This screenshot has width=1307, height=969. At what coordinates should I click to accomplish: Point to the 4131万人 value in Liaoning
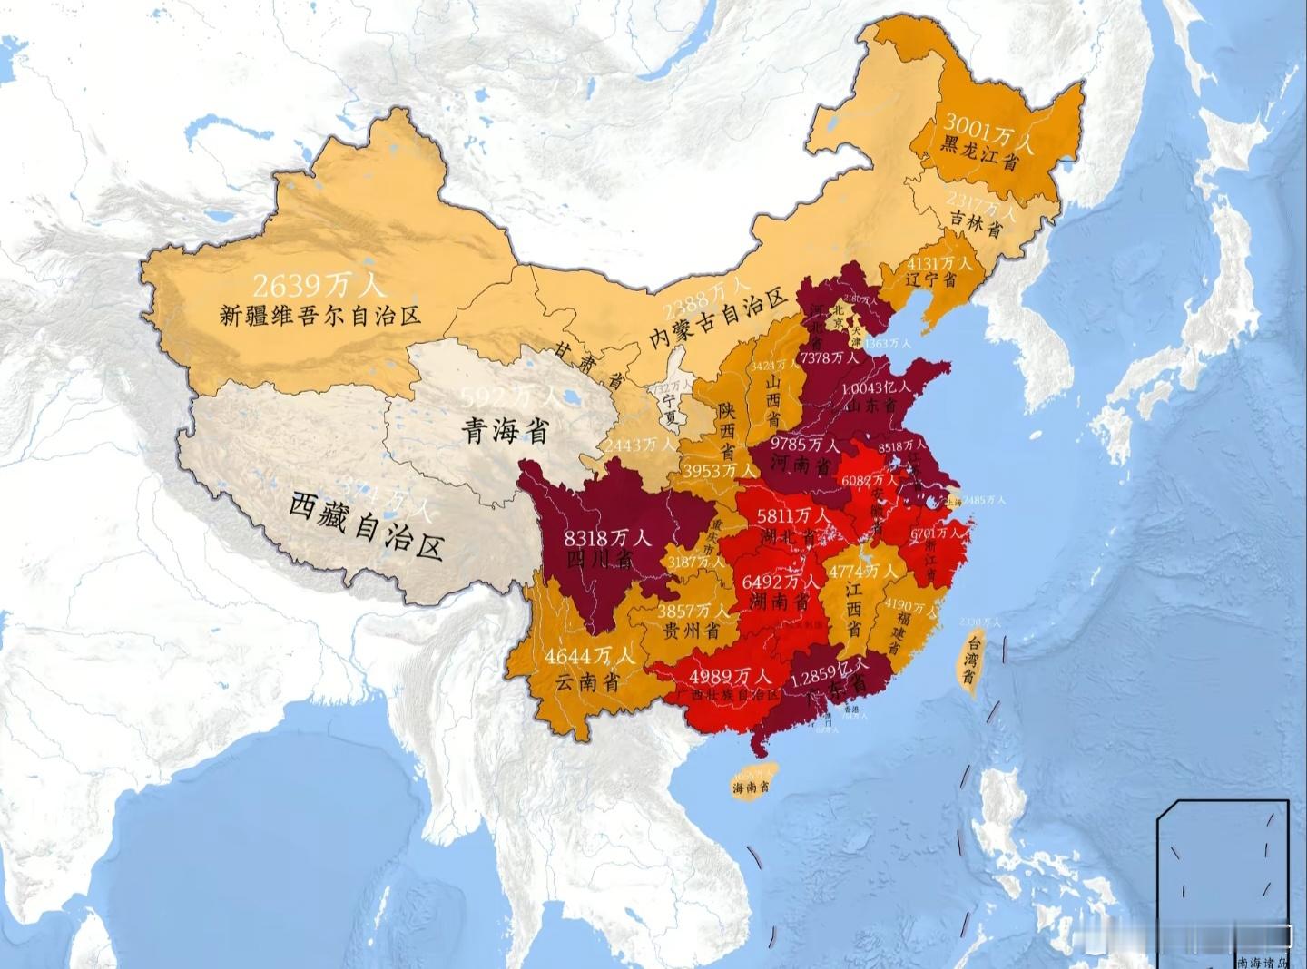tap(939, 263)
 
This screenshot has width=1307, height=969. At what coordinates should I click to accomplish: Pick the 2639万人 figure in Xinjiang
tap(319, 286)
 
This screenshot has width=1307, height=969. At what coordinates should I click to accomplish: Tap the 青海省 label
tap(506, 429)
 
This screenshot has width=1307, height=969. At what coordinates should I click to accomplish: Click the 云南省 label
tap(587, 681)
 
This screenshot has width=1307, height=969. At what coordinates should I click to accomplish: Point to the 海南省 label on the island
tap(752, 787)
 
